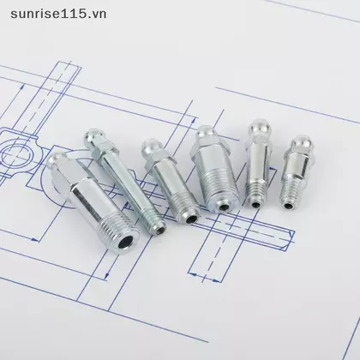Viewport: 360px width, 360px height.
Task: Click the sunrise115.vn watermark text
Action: [58, 14]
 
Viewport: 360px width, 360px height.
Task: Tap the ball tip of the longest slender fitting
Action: [92, 135]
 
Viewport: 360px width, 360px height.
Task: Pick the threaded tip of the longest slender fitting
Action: [154, 221]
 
